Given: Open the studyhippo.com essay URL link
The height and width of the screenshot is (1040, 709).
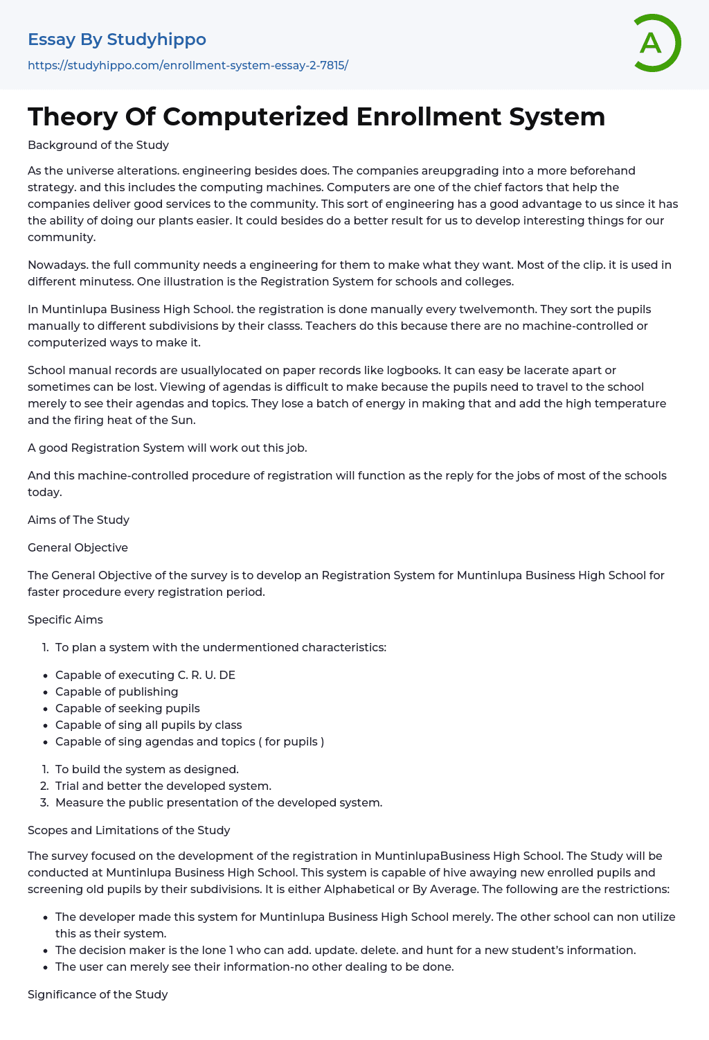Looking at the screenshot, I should point(188,65).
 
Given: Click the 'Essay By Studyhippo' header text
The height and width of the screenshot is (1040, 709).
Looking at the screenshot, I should point(117,39).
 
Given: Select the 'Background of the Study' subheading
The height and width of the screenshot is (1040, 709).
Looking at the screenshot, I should point(98,145).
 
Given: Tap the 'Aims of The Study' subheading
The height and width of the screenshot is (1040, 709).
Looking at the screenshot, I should point(78,520).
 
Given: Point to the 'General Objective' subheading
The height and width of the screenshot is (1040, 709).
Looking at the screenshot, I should point(78,547).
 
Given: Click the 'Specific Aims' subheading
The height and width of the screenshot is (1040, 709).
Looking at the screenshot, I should point(65,619).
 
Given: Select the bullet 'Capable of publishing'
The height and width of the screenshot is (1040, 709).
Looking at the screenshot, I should point(116,691).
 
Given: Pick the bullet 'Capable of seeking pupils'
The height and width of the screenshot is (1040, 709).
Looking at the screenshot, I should point(127,708).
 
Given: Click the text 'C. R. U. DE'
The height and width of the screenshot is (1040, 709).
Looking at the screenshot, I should point(206,675).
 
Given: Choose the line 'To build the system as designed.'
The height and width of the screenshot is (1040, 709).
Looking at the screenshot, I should point(147,769).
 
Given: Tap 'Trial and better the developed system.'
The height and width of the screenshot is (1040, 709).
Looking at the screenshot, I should point(163,786).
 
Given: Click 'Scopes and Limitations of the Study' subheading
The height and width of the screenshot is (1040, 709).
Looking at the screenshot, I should point(129,830).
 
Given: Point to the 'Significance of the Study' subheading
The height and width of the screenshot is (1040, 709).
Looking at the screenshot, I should point(98,994).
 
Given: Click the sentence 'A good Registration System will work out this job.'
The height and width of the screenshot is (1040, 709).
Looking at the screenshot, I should point(168,448).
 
